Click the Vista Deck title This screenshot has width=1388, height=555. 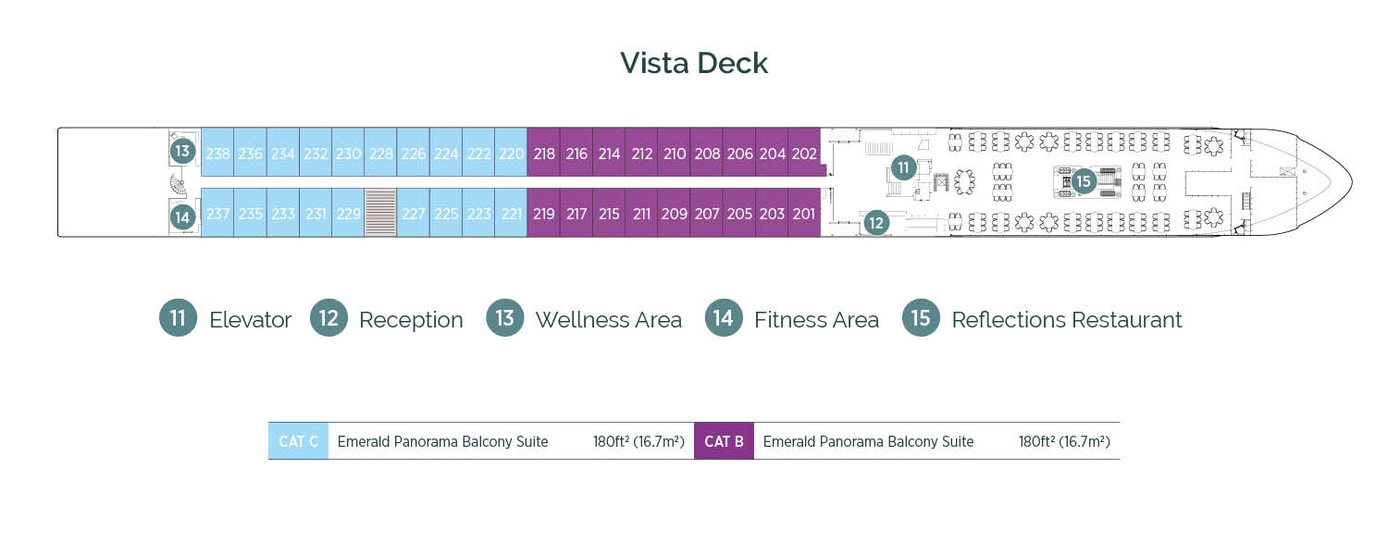coord(694,63)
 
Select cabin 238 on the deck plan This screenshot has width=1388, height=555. coord(217,154)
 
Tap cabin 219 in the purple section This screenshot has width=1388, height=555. coord(544,214)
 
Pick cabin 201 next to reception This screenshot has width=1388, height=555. coord(804,214)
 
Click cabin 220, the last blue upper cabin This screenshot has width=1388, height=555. coord(511,154)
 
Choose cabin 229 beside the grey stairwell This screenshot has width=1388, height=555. coord(348,214)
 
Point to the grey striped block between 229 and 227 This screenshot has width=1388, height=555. coord(380,214)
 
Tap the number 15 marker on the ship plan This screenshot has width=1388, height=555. coord(1084,181)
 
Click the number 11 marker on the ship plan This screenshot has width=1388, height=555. coord(904,167)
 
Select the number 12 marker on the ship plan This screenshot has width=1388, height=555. coord(876,222)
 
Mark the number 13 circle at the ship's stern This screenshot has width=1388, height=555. coord(182,151)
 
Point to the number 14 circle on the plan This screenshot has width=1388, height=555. coord(182,217)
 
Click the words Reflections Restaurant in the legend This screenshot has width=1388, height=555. coord(1066,320)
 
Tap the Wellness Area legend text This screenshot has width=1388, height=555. coord(608,320)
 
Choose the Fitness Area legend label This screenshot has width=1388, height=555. coord(816,320)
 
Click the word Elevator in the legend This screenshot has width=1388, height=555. coord(250,320)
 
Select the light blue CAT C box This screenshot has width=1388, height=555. coord(298,441)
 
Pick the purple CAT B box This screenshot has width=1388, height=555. coord(724,441)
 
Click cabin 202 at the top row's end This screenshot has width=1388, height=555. coord(804,154)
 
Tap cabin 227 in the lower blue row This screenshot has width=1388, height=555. coord(413,214)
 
